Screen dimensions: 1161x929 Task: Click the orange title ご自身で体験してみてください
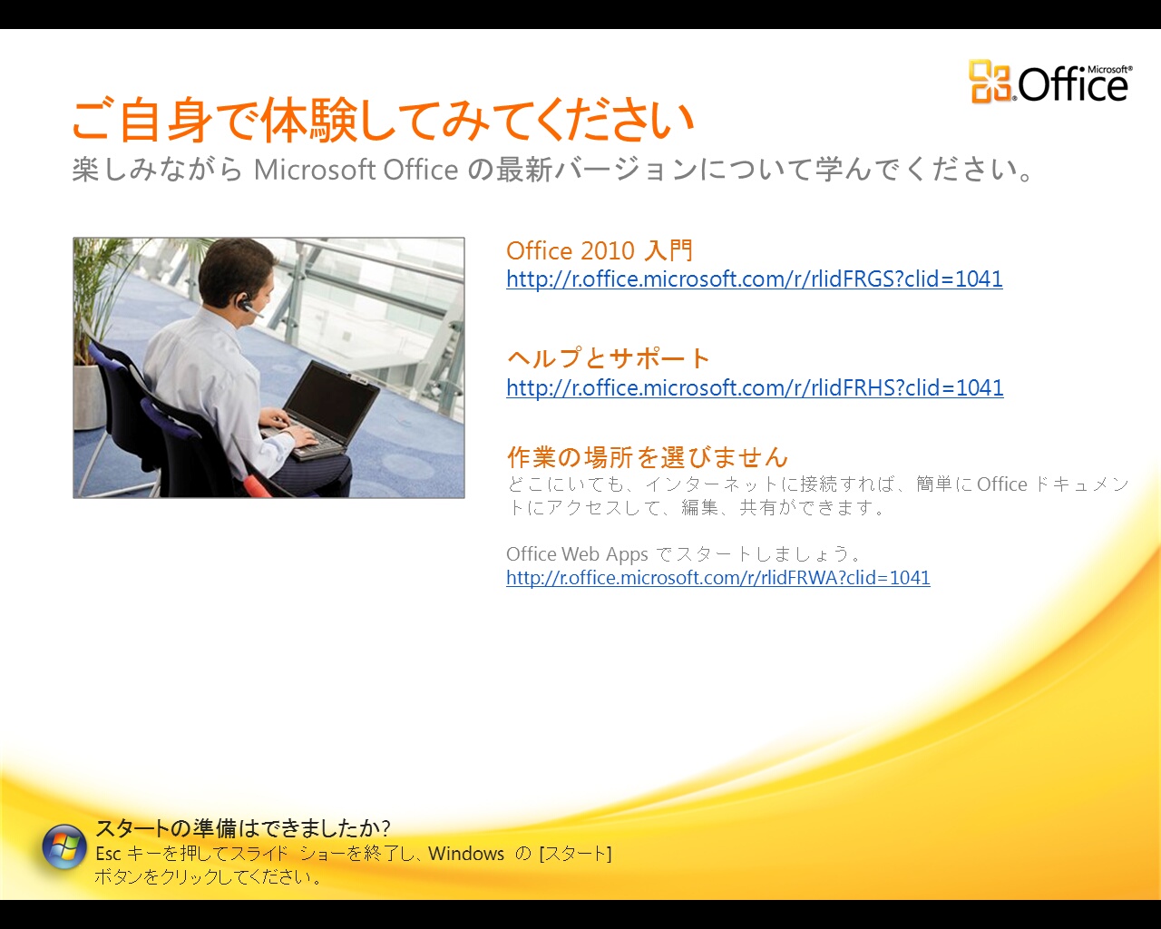(383, 119)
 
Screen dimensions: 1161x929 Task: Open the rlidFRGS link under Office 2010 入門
(755, 279)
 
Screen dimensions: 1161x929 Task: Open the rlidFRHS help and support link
(755, 387)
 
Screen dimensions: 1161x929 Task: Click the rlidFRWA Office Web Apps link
(718, 578)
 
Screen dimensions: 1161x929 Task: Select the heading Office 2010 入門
(600, 250)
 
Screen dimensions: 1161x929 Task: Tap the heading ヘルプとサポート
(609, 358)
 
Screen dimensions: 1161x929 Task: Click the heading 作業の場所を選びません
(648, 456)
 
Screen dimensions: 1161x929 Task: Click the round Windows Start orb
(64, 846)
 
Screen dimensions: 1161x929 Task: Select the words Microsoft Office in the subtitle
(356, 170)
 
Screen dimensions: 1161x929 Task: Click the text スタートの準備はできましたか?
(243, 827)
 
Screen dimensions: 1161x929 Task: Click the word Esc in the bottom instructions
(108, 854)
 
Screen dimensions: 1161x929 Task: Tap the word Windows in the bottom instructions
(466, 854)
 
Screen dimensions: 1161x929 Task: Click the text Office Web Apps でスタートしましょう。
(683, 553)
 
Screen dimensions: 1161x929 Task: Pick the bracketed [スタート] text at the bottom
(575, 854)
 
